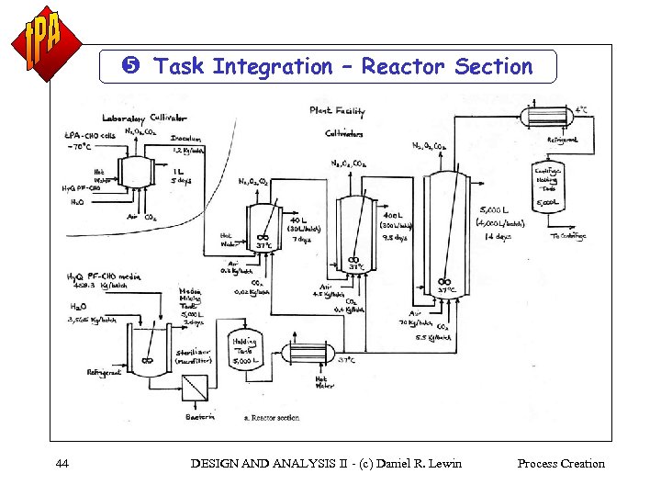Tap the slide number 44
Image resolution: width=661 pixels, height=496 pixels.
coord(62,463)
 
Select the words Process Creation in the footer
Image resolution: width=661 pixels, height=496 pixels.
coord(560,463)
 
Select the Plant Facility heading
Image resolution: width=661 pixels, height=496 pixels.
coord(337,112)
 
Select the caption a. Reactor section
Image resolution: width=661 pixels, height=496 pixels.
coord(272,418)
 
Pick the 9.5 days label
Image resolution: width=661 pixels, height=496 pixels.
coord(395,237)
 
